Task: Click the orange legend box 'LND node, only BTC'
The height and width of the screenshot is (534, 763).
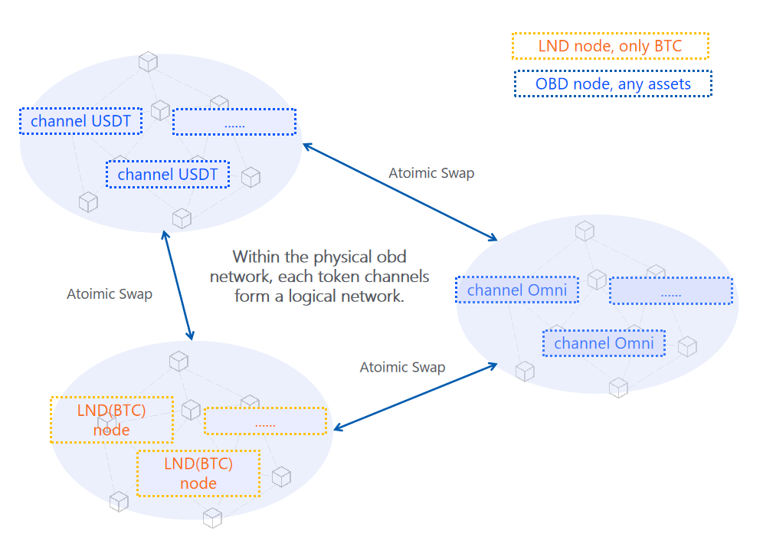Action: (x=610, y=46)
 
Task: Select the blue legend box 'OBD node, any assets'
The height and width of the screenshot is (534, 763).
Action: (x=613, y=84)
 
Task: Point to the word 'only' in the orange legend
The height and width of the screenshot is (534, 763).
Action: (x=626, y=46)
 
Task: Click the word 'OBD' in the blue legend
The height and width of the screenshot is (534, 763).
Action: (x=552, y=84)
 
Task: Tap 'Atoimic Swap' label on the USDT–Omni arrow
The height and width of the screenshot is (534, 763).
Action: (x=431, y=173)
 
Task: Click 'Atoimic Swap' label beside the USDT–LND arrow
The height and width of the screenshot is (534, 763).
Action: (x=110, y=294)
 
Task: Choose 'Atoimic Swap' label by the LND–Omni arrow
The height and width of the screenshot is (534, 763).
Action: (x=402, y=368)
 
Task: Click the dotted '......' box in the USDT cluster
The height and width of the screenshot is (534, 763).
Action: (x=234, y=122)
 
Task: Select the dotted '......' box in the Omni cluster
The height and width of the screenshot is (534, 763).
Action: (x=670, y=290)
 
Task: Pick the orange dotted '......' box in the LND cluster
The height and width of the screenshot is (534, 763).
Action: (x=265, y=421)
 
